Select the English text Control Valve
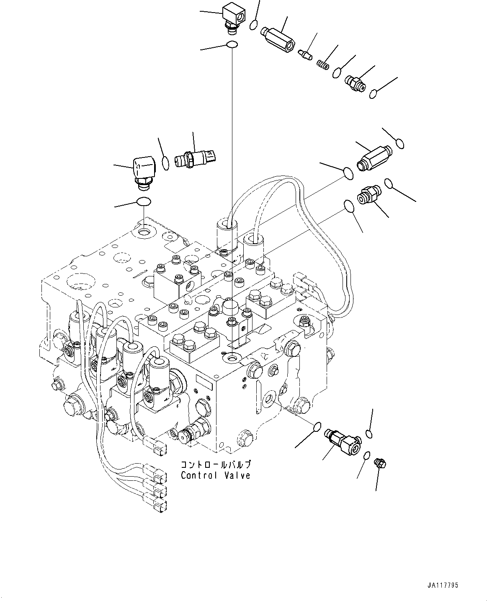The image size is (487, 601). coord(216,475)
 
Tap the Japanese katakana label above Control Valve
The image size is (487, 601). coord(216,465)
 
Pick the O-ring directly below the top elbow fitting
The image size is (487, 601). coord(232,44)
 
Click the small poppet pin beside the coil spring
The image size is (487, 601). coord(305,54)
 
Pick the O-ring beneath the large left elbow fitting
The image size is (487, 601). coord(143,202)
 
